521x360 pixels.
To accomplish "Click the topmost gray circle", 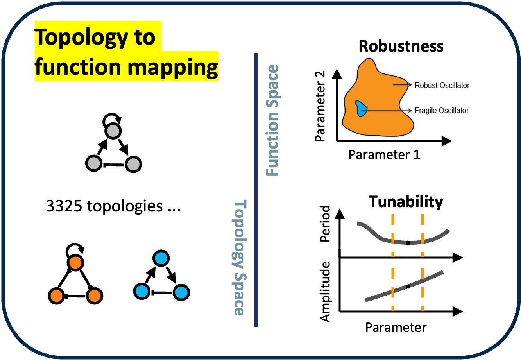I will [x=113, y=131].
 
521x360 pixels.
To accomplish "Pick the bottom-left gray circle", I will [x=94, y=163].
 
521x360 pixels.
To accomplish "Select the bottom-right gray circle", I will [x=133, y=165].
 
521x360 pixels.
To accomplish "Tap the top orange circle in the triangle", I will [x=75, y=263].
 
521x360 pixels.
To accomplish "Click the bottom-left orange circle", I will [x=56, y=296].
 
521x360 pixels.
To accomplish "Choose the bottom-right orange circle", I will [x=95, y=296].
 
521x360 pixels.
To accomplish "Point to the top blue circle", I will [x=161, y=258].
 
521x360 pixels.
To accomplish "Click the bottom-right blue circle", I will [x=181, y=292].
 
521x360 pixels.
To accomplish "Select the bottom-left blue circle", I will [x=141, y=291].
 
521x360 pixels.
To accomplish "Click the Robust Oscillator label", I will [x=442, y=85].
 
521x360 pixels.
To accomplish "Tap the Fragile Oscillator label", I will [x=442, y=111].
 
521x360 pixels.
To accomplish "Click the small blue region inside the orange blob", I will [x=360, y=108].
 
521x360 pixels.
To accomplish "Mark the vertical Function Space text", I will [x=272, y=120].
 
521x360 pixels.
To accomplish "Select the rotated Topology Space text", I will [x=239, y=258].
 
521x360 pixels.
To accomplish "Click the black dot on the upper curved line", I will [x=408, y=243].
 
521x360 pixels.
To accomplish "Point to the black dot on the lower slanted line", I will [x=408, y=287].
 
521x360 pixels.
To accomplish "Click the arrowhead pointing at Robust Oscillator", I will [x=410, y=84].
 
